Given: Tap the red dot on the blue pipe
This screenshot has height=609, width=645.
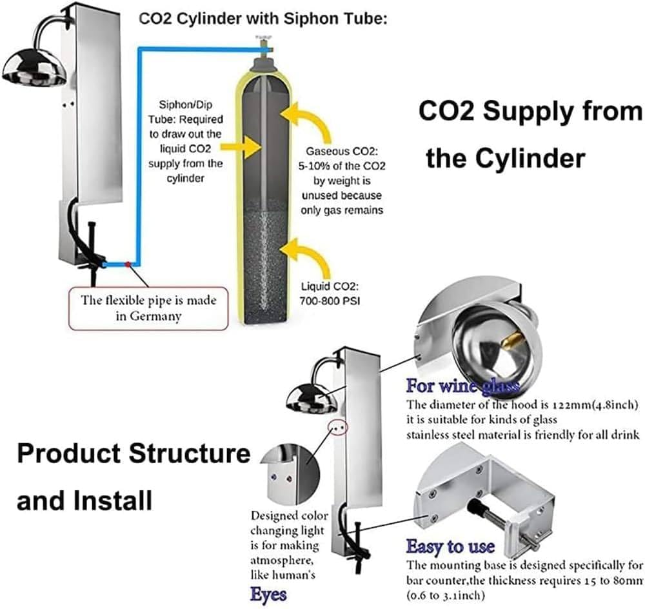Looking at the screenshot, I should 128,264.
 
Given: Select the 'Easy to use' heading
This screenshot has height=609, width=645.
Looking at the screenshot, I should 450,546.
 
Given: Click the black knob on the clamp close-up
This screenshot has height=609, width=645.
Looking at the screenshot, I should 481,506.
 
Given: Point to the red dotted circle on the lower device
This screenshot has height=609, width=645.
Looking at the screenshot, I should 339,426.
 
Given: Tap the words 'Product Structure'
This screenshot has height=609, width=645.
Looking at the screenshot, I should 134,454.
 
